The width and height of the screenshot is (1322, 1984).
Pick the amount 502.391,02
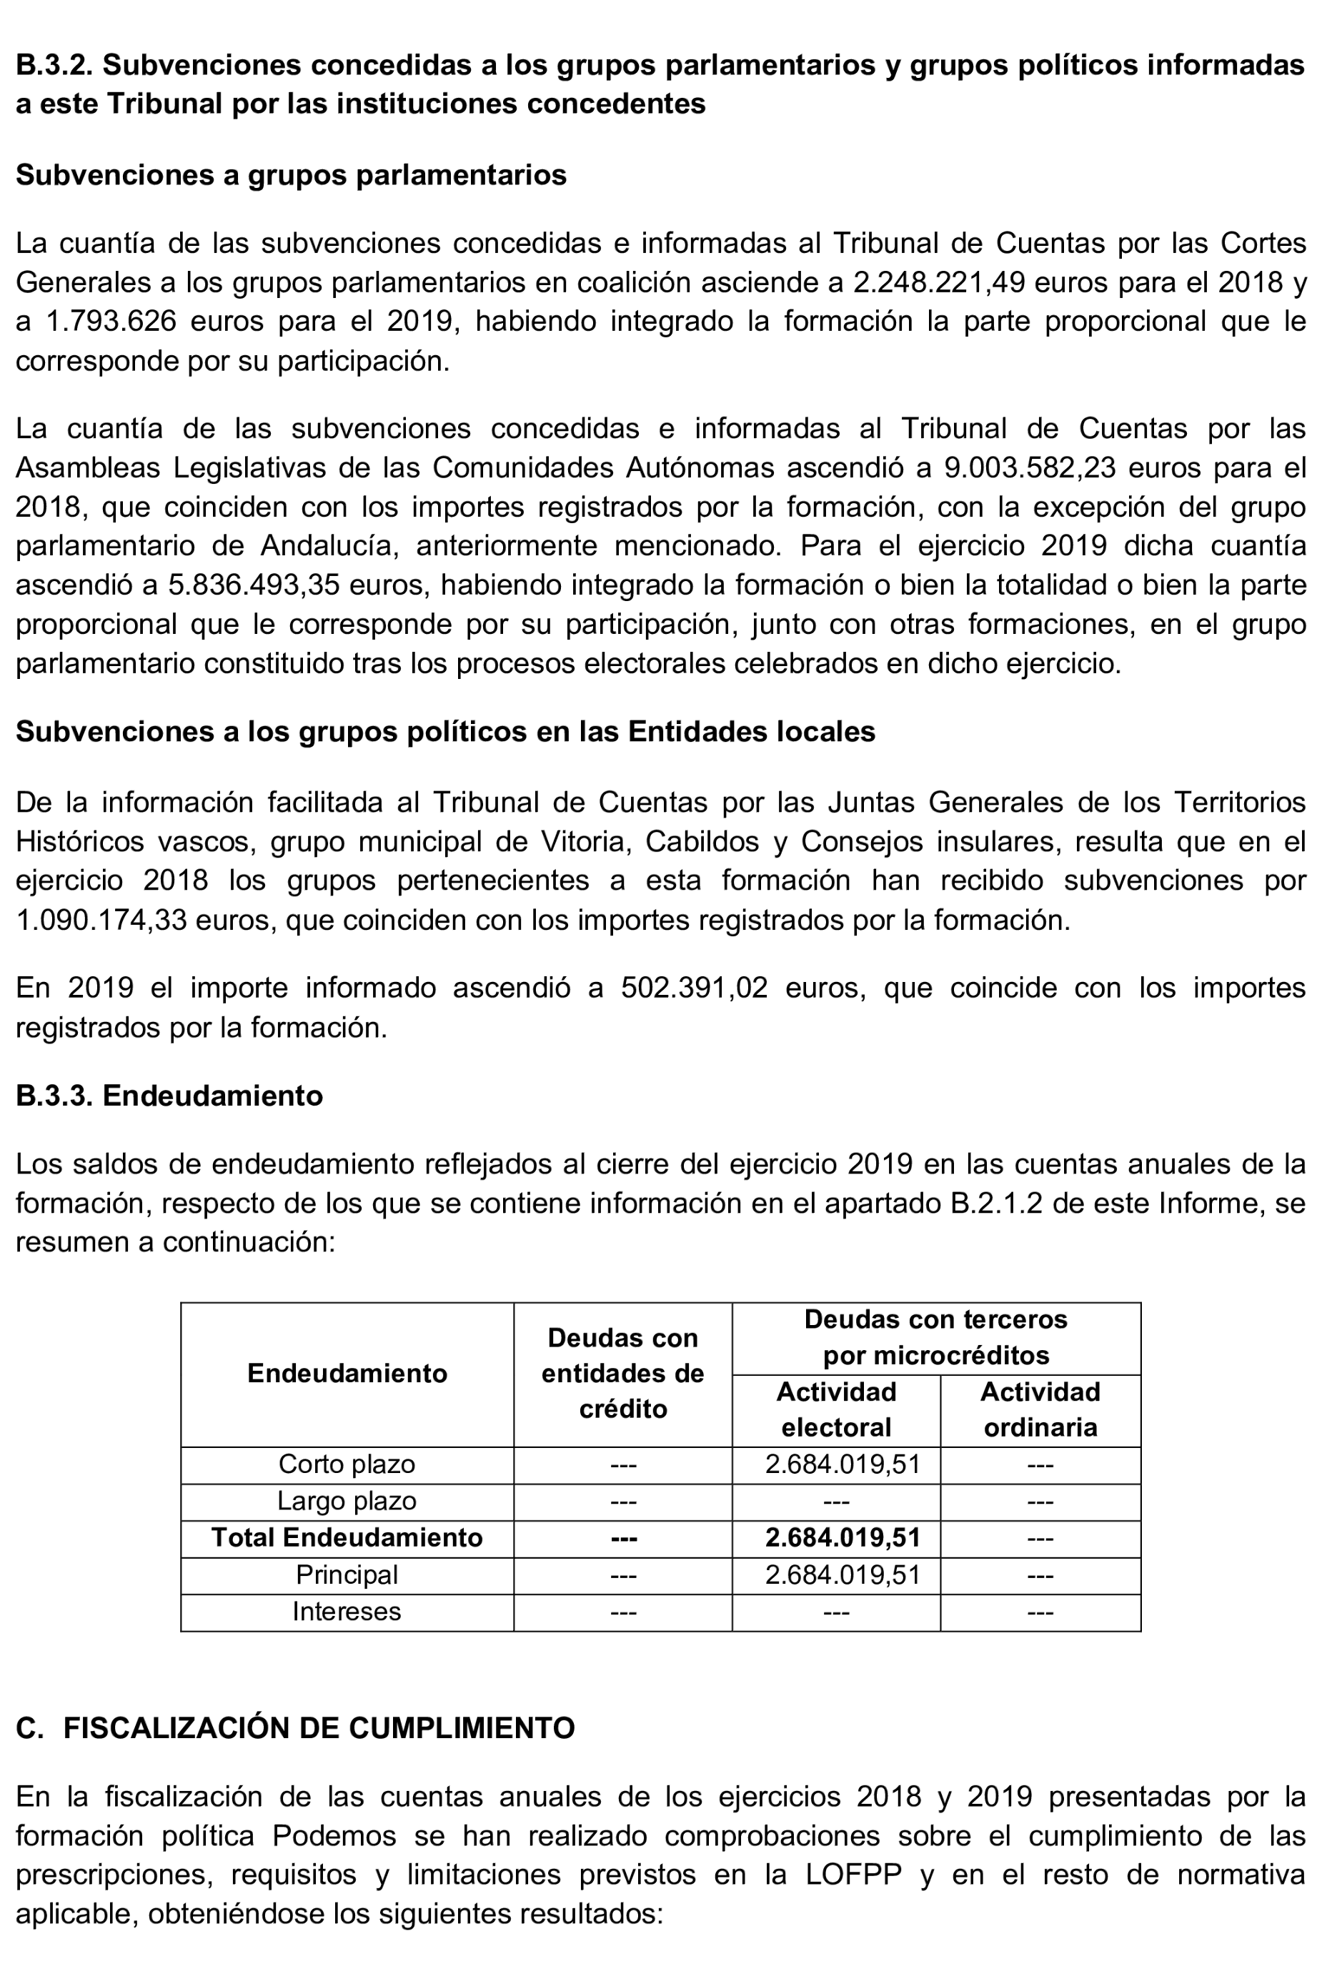pos(694,988)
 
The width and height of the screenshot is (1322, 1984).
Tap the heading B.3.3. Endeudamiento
pos(169,1096)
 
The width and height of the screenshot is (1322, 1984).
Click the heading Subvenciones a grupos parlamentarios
pos(291,174)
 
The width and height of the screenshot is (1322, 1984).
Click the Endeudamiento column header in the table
pos(347,1374)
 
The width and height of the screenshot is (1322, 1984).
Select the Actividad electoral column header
pos(835,1410)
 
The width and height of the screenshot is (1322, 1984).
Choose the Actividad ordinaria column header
pos(1040,1410)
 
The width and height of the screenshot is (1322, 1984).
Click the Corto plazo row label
pos(347,1464)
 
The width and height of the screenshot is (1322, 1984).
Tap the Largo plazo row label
pos(347,1502)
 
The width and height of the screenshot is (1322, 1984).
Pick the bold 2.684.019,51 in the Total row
pos(843,1538)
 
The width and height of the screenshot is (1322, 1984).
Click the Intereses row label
pos(347,1612)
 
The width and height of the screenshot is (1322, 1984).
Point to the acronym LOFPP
pos(853,1875)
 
